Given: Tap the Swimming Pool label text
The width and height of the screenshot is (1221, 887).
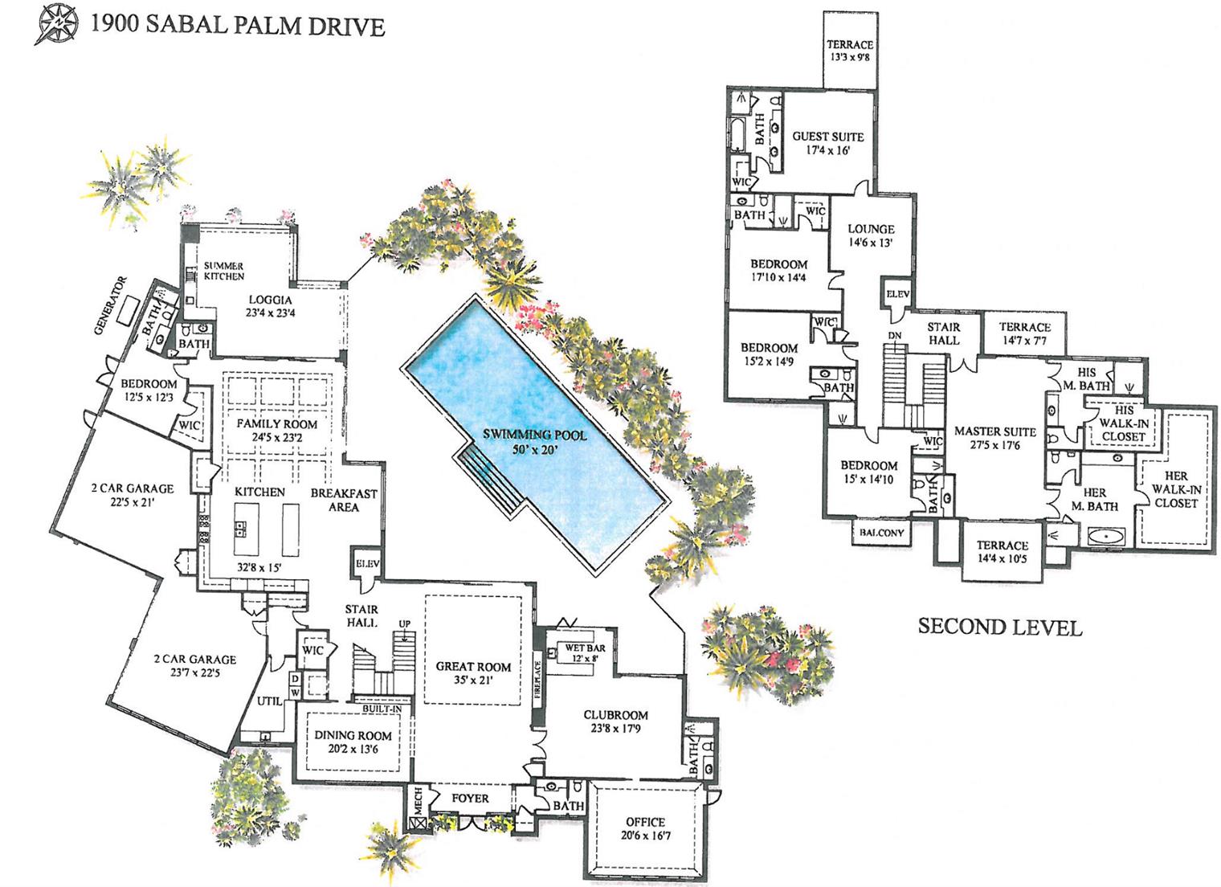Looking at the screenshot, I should pyautogui.click(x=534, y=442).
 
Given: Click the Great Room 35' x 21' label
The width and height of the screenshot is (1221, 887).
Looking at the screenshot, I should pyautogui.click(x=473, y=672).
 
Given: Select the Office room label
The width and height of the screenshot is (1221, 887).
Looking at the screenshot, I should pyautogui.click(x=646, y=828).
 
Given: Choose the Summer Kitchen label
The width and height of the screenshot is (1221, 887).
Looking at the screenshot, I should pyautogui.click(x=223, y=271).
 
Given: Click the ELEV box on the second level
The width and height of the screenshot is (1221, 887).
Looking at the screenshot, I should pyautogui.click(x=897, y=295).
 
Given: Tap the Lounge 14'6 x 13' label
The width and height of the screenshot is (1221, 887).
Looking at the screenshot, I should pyautogui.click(x=871, y=235).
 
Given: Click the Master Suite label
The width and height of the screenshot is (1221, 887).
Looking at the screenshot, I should pyautogui.click(x=994, y=438).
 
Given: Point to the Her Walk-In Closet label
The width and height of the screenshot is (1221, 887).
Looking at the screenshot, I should pyautogui.click(x=1175, y=489).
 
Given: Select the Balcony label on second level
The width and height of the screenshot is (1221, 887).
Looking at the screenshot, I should pyautogui.click(x=881, y=533).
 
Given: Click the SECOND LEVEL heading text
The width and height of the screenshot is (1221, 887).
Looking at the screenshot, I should pyautogui.click(x=999, y=627).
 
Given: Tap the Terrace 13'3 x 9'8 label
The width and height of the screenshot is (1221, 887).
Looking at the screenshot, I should pyautogui.click(x=850, y=51).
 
